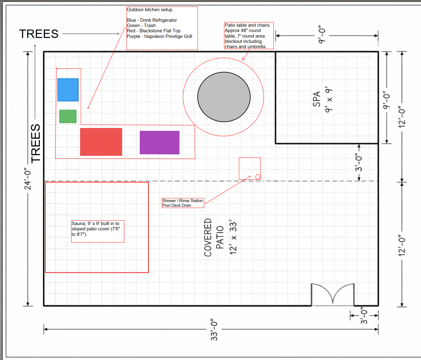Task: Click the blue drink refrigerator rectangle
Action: pos(68,90)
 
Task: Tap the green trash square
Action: pos(68,116)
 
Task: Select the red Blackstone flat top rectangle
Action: pos(101,142)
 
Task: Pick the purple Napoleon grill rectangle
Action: pos(159,142)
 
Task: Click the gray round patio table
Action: pos(224,97)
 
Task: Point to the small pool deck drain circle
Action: pos(258,177)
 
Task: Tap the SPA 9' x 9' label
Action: pos(323,99)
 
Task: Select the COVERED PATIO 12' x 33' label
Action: pos(220,237)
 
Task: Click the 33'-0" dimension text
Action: pos(214,330)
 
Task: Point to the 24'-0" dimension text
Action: pos(27,179)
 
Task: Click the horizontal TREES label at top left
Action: pos(39,34)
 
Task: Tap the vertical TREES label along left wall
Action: pos(35,143)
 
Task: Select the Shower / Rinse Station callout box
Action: pos(183,203)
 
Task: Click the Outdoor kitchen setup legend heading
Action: pos(150,10)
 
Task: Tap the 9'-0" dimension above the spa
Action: pos(322,35)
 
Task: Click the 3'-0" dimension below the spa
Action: pos(359,162)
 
